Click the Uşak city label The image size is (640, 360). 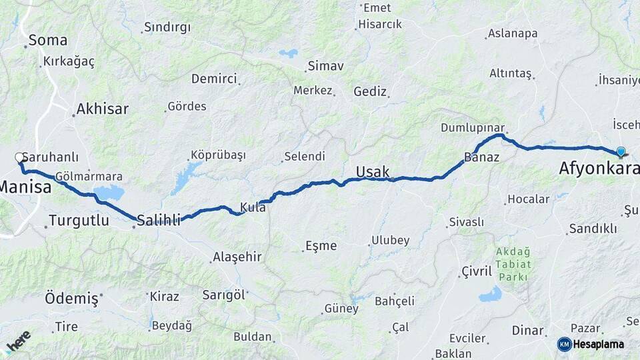point(372,172)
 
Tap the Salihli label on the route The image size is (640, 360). point(159,220)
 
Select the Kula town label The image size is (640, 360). point(253,208)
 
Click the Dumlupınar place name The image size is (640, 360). point(472,127)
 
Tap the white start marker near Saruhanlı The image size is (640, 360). point(20,158)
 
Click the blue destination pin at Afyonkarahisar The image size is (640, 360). point(621,152)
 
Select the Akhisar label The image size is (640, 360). point(102,109)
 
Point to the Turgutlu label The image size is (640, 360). point(79,221)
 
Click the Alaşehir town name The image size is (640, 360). point(237,257)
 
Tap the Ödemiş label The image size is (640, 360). point(71,298)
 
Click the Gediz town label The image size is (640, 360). point(370,91)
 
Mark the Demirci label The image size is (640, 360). point(214,79)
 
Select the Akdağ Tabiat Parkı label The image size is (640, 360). point(513,263)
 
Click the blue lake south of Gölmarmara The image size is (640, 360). point(109,193)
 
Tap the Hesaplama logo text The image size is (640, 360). point(598,344)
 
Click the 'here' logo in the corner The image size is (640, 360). point(18,341)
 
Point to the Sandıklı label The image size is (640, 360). point(592,229)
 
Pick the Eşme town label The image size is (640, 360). point(321,245)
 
